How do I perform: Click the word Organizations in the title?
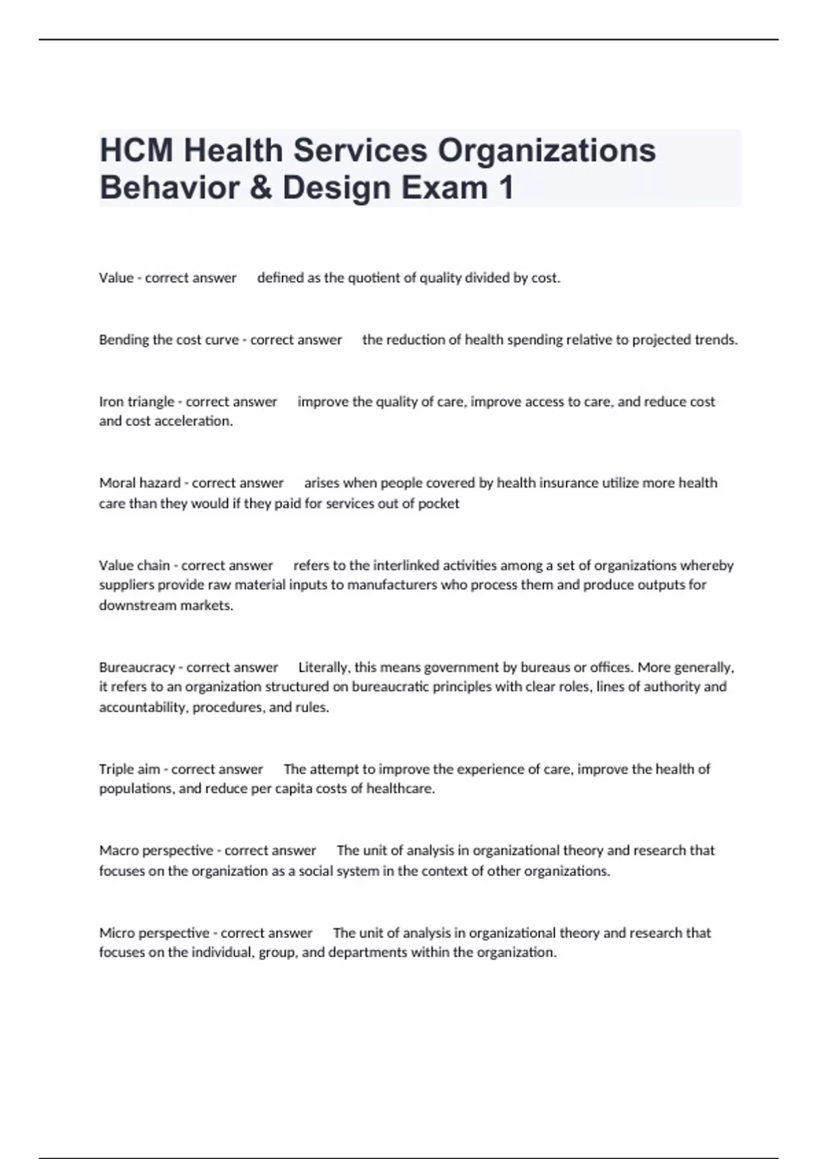tap(546, 151)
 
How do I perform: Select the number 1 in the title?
tap(505, 187)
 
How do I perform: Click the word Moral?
tap(118, 483)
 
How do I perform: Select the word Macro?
tap(118, 850)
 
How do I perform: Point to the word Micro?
tap(117, 933)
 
